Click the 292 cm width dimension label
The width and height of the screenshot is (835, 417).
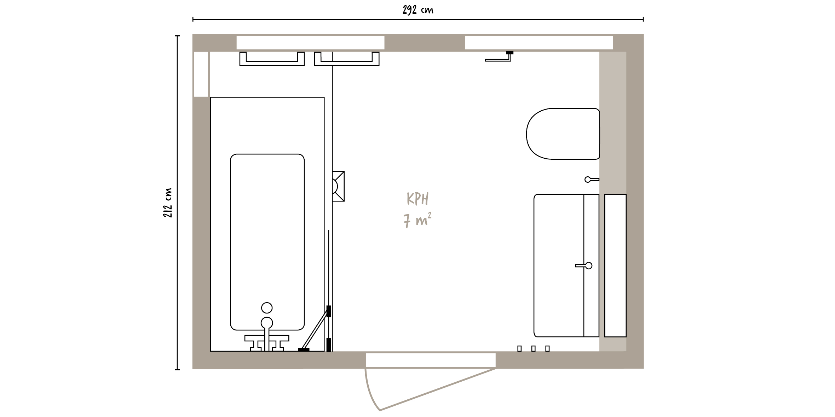click(418, 10)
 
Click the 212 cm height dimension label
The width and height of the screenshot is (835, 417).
click(168, 202)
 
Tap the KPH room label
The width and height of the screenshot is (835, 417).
click(417, 199)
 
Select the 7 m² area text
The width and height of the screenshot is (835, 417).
click(417, 220)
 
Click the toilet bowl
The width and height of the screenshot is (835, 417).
click(563, 134)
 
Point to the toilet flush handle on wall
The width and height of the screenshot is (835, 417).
click(592, 180)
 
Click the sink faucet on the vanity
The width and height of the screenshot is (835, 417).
click(584, 265)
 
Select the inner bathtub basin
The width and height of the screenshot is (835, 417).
click(267, 242)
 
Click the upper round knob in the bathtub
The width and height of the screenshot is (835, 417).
click(267, 308)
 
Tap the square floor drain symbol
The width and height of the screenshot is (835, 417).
click(338, 186)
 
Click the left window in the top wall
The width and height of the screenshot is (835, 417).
click(310, 42)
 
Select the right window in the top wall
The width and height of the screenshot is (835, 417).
click(539, 42)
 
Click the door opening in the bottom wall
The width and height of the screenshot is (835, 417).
click(431, 360)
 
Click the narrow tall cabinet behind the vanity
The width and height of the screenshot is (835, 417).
click(615, 265)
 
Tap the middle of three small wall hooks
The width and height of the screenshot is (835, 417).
click(533, 348)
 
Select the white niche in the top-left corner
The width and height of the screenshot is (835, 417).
click(201, 74)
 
